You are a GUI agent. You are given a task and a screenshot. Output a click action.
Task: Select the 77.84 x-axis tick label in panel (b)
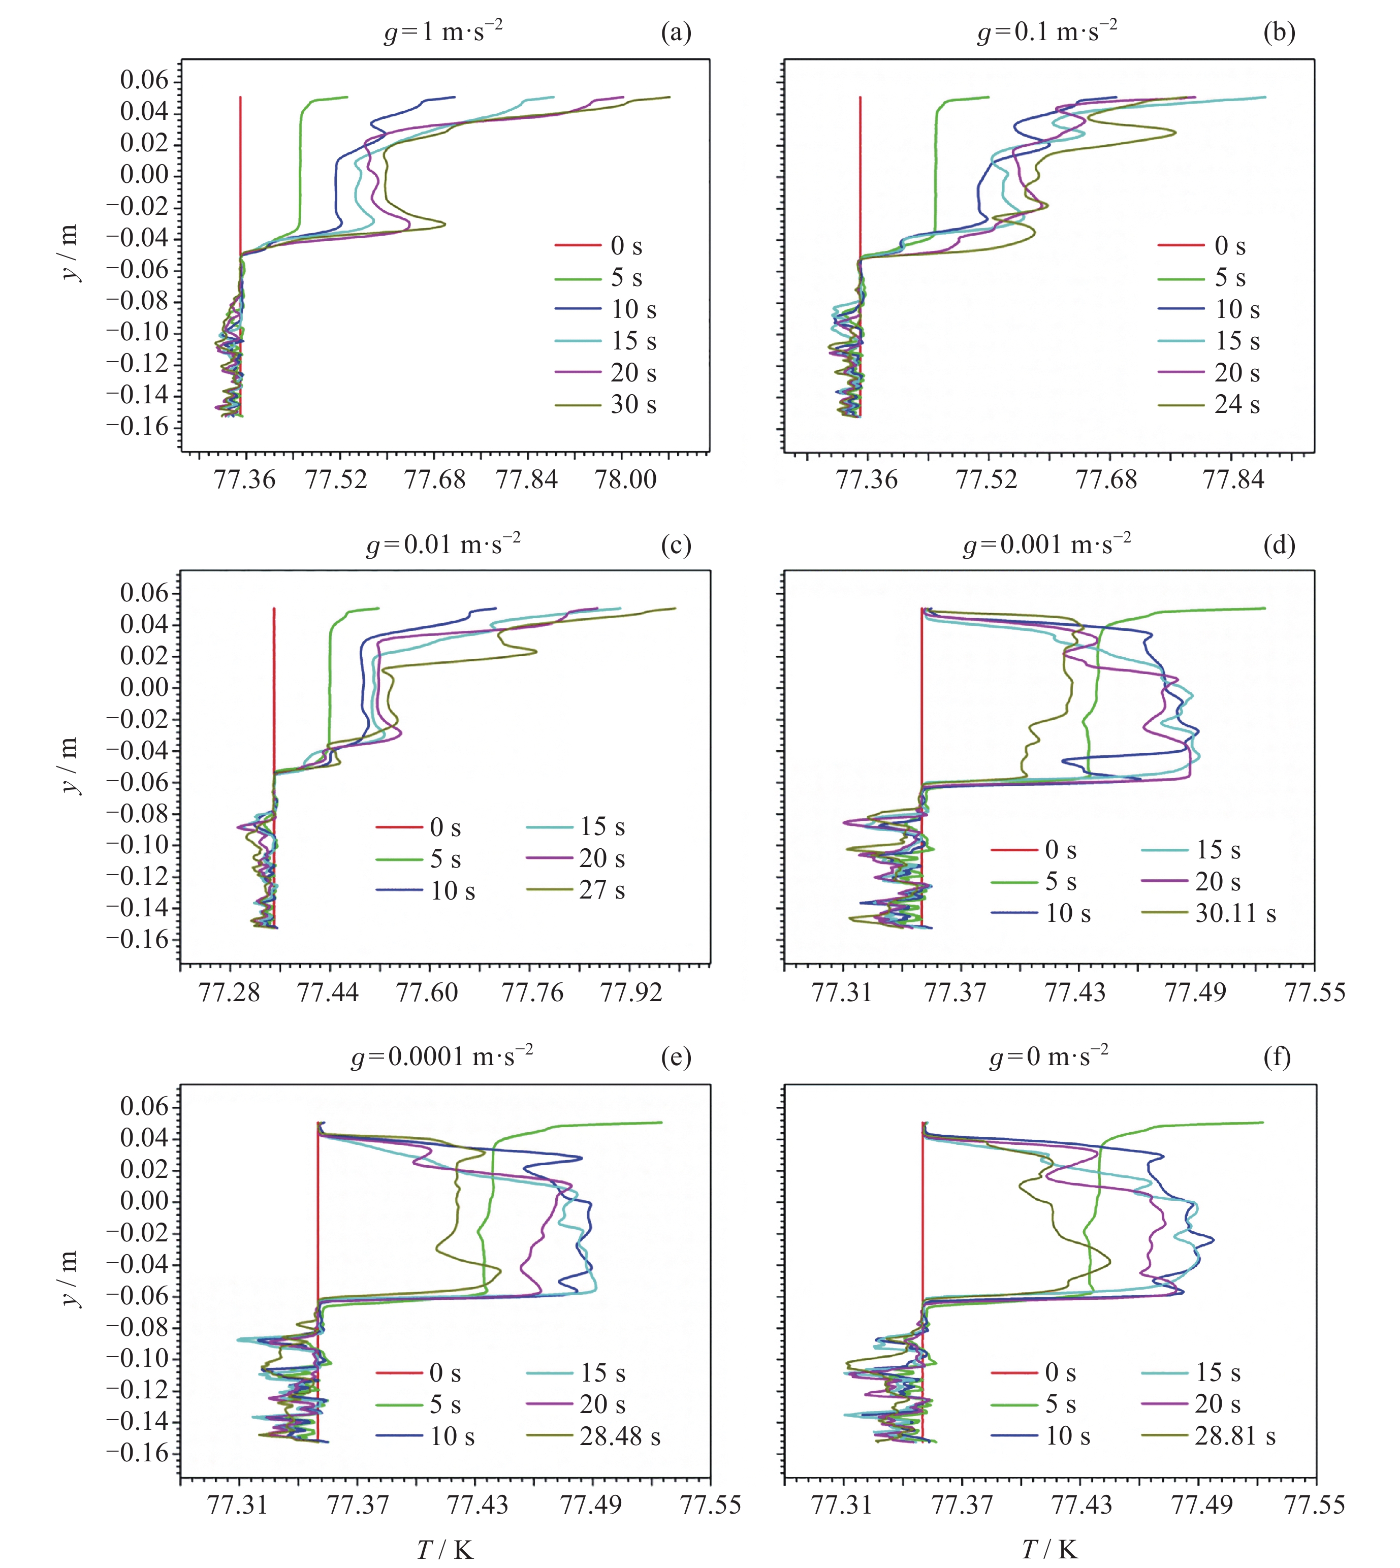1233,480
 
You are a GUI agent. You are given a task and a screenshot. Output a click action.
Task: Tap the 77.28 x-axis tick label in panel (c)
229,993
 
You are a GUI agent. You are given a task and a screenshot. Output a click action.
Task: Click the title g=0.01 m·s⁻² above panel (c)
443,545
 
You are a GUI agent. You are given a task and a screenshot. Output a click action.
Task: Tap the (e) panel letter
676,1058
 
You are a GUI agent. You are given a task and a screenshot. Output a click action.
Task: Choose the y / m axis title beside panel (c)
69,765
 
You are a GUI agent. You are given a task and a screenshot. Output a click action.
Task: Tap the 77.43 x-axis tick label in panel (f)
1081,1505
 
